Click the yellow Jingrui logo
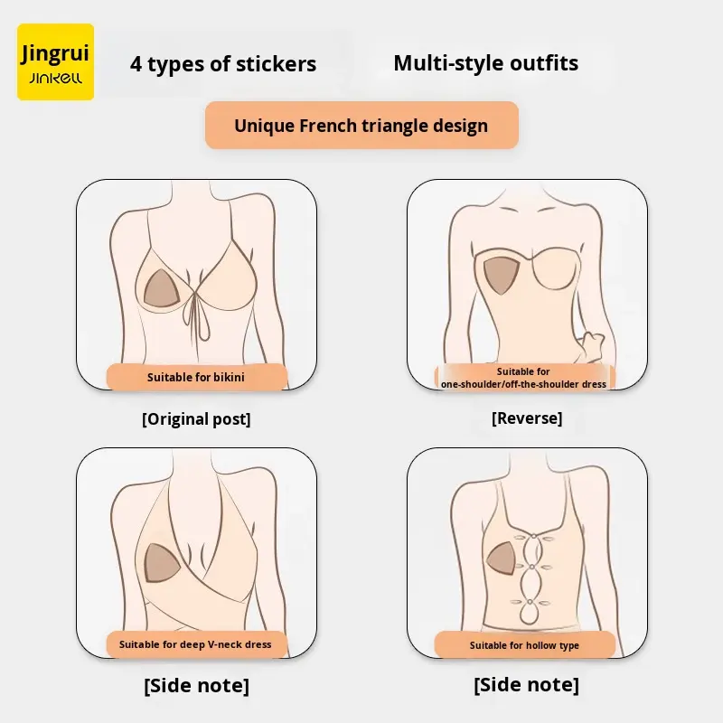pyautogui.click(x=55, y=61)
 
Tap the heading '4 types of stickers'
pyautogui.click(x=223, y=64)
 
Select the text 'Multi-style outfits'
pyautogui.click(x=485, y=63)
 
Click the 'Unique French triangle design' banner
pyautogui.click(x=361, y=126)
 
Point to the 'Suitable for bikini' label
pyautogui.click(x=196, y=377)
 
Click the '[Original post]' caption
pyautogui.click(x=196, y=418)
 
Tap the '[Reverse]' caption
pyautogui.click(x=527, y=418)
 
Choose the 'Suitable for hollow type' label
pyautogui.click(x=524, y=645)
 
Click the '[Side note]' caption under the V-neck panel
pyautogui.click(x=196, y=686)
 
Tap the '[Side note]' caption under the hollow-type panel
pyautogui.click(x=526, y=685)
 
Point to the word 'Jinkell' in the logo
pyautogui.click(x=55, y=80)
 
